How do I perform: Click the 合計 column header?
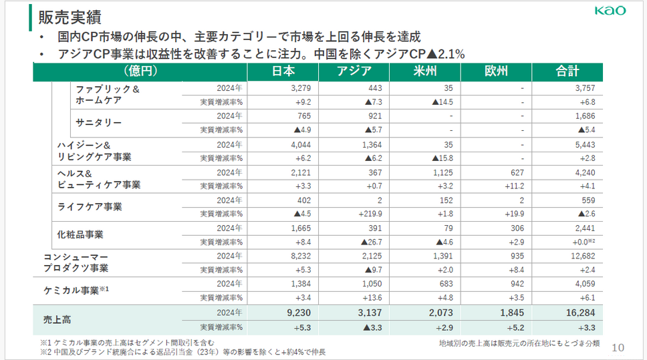(567, 71)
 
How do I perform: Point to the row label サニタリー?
(98, 123)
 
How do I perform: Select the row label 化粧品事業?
(80, 234)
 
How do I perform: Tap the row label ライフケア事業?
(89, 206)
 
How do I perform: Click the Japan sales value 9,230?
(295, 312)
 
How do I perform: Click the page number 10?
(618, 347)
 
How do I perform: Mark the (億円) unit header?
(140, 71)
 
